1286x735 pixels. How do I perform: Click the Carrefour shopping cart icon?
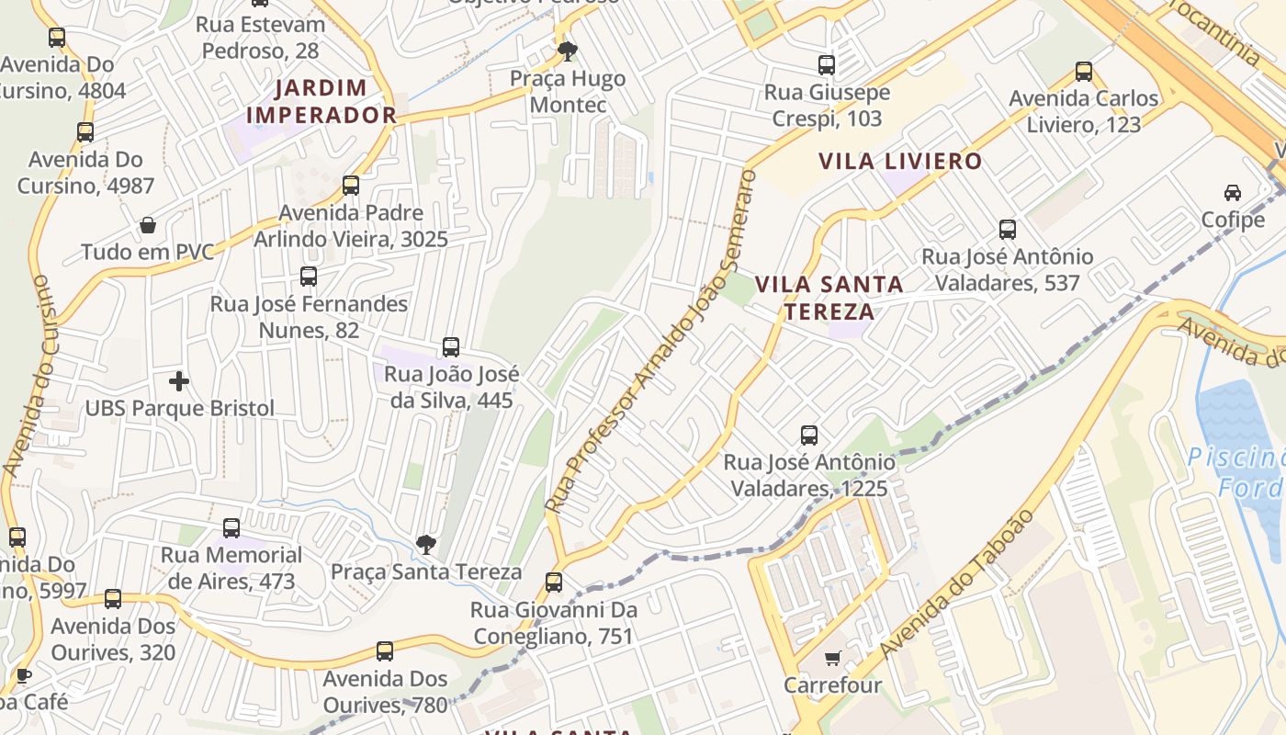(x=832, y=658)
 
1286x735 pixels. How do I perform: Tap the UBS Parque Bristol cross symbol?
(x=179, y=380)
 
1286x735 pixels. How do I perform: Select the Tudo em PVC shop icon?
(x=147, y=225)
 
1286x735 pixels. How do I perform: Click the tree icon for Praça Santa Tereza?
(x=425, y=545)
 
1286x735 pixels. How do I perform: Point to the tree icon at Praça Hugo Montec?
(x=568, y=51)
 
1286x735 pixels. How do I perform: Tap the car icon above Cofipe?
(x=1233, y=193)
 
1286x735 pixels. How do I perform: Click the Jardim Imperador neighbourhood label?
(x=321, y=102)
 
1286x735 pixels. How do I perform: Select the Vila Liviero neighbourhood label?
(x=900, y=162)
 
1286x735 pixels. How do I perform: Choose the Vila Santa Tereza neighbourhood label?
(x=829, y=298)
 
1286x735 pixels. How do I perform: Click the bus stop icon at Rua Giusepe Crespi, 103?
(x=827, y=65)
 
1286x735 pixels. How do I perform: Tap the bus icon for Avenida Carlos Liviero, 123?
(x=1084, y=71)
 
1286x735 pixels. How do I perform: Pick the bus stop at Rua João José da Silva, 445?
(x=451, y=347)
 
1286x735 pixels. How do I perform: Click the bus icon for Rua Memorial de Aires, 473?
(x=231, y=528)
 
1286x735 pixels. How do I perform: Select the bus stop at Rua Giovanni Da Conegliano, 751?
(x=553, y=582)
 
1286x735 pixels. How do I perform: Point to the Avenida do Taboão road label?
(x=957, y=583)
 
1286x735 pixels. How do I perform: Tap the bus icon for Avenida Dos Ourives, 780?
(x=385, y=652)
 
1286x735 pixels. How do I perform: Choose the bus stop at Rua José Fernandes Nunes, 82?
(x=309, y=277)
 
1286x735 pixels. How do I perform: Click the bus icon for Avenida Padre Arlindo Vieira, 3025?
(x=351, y=186)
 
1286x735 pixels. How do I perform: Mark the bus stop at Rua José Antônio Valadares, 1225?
(x=809, y=435)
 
